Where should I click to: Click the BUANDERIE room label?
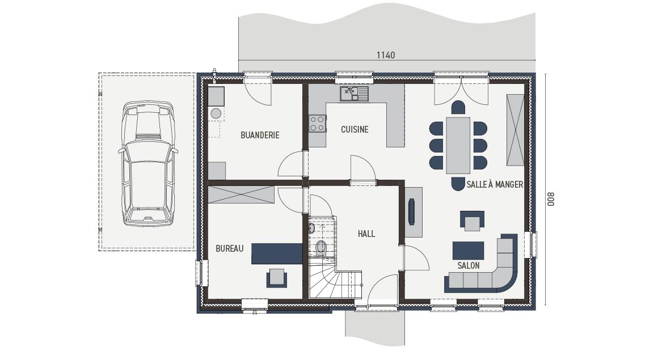tap(260, 135)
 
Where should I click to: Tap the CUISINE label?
tap(355, 130)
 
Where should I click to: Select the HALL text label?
tap(366, 234)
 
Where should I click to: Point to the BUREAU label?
tap(230, 248)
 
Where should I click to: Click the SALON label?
tap(469, 265)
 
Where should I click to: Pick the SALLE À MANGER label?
tap(495, 184)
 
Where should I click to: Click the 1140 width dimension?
tap(386, 55)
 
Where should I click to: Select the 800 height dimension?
tap(551, 199)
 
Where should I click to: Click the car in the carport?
tap(147, 163)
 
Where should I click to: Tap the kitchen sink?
tap(354, 94)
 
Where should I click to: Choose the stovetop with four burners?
tap(317, 124)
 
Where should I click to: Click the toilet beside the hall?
tap(321, 248)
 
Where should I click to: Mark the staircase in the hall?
tap(335, 277)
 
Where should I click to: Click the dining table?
tap(458, 145)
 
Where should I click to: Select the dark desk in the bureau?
tap(277, 254)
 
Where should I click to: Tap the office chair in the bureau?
tap(277, 278)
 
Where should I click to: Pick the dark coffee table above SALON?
tap(469, 251)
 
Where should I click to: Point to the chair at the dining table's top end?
tap(458, 107)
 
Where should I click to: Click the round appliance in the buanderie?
tap(216, 113)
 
